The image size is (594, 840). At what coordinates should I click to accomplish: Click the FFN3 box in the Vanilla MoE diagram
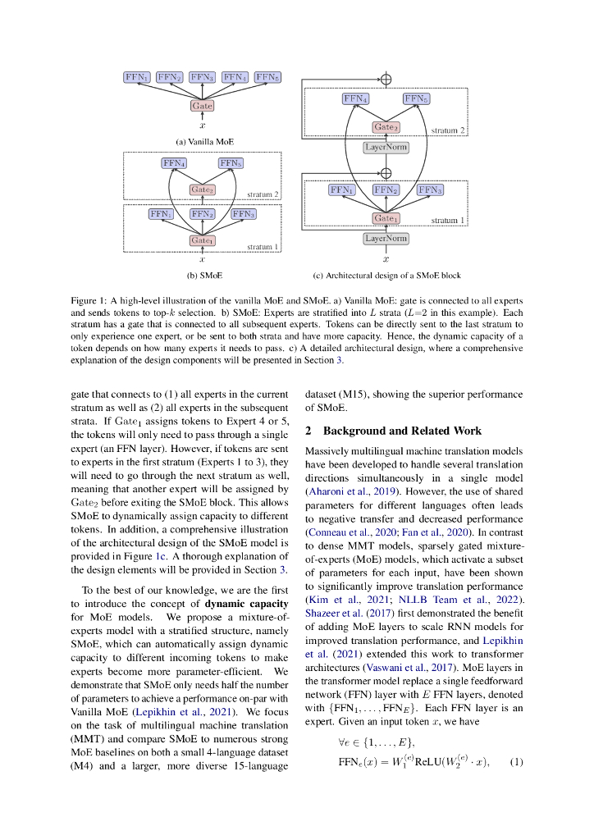pos(202,77)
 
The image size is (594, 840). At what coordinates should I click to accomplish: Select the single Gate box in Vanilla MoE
pos(202,106)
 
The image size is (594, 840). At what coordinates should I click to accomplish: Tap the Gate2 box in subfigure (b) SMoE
pos(202,189)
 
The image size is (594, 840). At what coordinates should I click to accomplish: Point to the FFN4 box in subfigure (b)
pos(174,163)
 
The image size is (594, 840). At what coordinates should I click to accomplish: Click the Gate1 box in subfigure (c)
pos(386,218)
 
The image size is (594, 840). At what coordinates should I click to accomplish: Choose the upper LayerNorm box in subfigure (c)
pos(386,148)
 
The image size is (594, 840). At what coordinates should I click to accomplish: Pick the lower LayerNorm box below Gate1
pos(386,239)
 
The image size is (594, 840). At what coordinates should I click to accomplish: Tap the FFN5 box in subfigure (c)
pos(416,98)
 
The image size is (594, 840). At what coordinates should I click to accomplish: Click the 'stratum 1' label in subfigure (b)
pos(263,246)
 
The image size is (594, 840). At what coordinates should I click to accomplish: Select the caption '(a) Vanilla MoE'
pos(202,141)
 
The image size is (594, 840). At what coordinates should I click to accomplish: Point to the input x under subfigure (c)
pos(386,258)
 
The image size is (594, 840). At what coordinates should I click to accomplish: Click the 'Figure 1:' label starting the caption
pos(89,301)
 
